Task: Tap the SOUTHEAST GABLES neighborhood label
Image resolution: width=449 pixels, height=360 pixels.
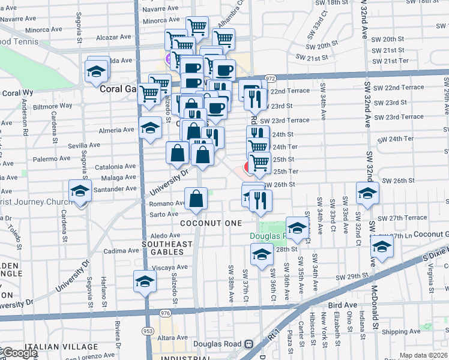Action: point(167,248)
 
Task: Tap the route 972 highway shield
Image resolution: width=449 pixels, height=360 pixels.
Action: point(270,79)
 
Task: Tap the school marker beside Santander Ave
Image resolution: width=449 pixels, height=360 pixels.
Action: point(80,192)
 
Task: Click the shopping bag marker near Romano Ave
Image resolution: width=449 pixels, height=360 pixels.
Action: point(196,200)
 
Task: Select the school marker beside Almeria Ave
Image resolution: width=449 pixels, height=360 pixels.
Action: point(150,128)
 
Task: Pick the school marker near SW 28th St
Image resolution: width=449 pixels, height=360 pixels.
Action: point(261,255)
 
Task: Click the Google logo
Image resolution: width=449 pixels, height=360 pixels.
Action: point(19,353)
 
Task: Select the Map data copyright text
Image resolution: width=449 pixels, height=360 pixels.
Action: point(424,355)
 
